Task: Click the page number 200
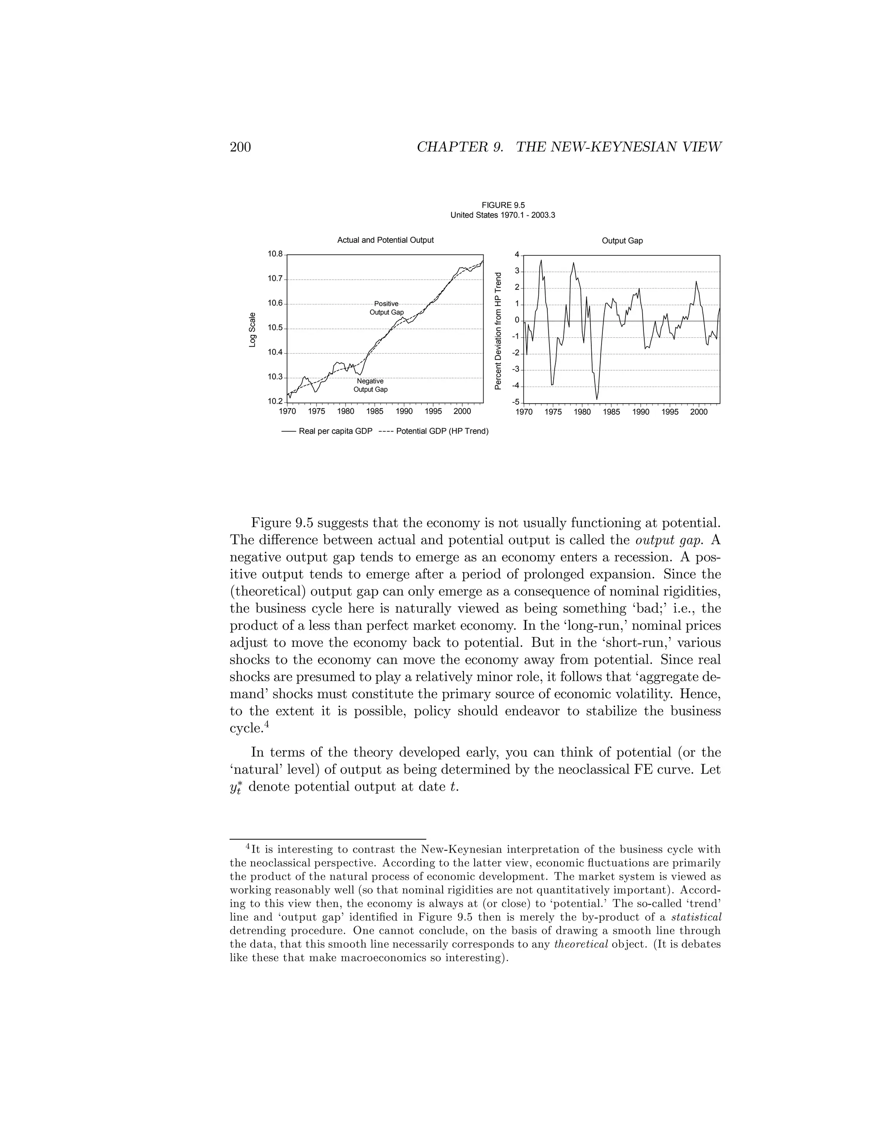240,148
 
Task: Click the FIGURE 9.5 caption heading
503,205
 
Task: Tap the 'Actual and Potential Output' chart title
385,240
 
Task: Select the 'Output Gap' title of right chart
622,241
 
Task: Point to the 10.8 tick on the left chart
275,254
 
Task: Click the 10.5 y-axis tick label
275,328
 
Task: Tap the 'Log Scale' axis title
253,329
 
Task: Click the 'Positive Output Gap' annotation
386,308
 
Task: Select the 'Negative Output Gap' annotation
370,385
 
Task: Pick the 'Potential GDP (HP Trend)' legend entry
442,431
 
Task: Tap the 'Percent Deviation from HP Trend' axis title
498,330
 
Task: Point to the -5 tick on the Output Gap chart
516,403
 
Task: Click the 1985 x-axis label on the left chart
375,411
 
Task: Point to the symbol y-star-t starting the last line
236,788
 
